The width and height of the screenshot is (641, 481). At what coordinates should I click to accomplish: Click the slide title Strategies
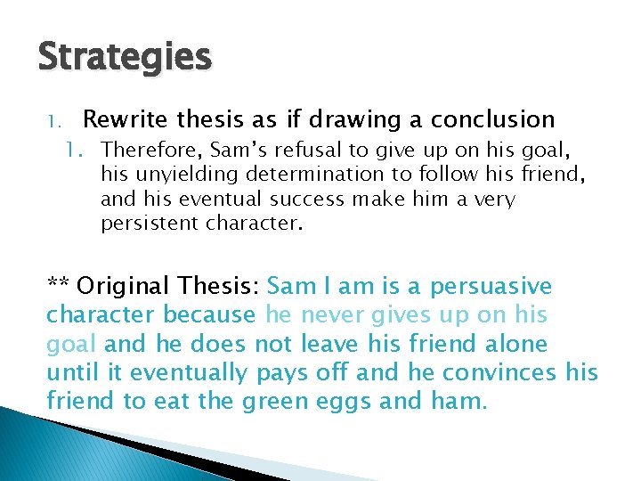click(125, 57)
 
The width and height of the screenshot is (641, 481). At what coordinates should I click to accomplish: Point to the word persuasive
click(491, 287)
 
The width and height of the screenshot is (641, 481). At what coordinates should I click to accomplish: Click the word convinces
click(499, 372)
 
